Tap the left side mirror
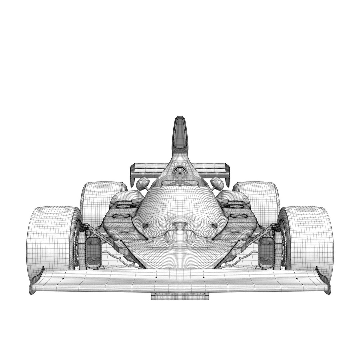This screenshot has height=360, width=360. click(143, 183)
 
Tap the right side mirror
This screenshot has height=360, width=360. click(217, 183)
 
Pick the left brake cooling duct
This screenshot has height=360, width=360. click(93, 252)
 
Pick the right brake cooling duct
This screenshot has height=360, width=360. click(267, 252)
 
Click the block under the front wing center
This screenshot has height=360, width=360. click(180, 296)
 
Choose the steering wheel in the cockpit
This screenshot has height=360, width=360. click(180, 183)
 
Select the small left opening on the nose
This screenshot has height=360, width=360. click(146, 226)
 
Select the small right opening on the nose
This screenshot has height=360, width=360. click(214, 226)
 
